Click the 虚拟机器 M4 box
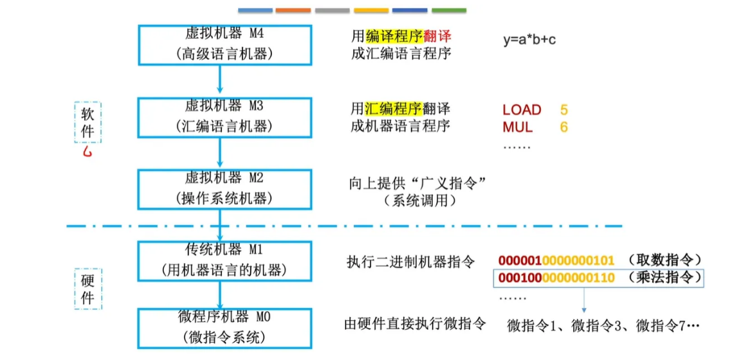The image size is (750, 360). click(x=224, y=44)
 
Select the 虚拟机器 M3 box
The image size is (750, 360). click(x=224, y=117)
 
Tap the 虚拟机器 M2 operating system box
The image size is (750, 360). click(x=224, y=189)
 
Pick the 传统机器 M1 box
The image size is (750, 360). click(x=224, y=260)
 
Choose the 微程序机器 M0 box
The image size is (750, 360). click(x=224, y=328)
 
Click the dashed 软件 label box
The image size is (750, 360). click(x=88, y=122)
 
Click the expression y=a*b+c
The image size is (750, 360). click(x=529, y=40)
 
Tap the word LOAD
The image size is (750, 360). click(x=522, y=110)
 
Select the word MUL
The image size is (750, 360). click(x=517, y=127)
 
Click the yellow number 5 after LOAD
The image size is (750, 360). click(x=564, y=110)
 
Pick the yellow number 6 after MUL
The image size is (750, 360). click(x=564, y=127)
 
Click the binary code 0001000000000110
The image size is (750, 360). click(x=556, y=278)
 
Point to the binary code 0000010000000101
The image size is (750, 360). click(x=556, y=260)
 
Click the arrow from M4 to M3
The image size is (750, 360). click(x=221, y=80)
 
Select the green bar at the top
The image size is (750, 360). click(x=449, y=10)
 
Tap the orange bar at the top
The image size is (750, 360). click(x=293, y=10)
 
